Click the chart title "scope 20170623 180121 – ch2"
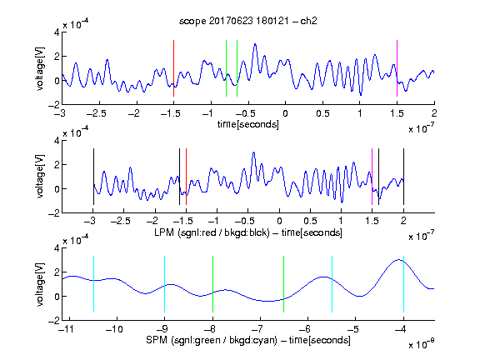point(248,21)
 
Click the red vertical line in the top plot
point(174,68)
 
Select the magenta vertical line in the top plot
point(397,68)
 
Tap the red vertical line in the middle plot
point(186,177)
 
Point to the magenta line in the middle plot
point(372,177)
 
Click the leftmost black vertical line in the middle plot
point(93,177)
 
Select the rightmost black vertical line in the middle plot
point(403,177)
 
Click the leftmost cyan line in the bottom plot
point(93,284)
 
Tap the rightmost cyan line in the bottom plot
point(403,284)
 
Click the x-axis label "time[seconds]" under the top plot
point(248,125)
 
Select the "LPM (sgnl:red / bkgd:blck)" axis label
point(212,232)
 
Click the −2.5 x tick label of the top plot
point(97,113)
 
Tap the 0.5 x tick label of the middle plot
point(310,221)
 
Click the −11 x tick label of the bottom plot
point(67,329)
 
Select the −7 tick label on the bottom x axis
point(257,329)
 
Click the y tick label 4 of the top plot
point(57,32)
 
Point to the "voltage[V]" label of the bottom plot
point(40,284)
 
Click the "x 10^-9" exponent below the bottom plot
point(421,344)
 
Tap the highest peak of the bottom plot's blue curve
point(398,260)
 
